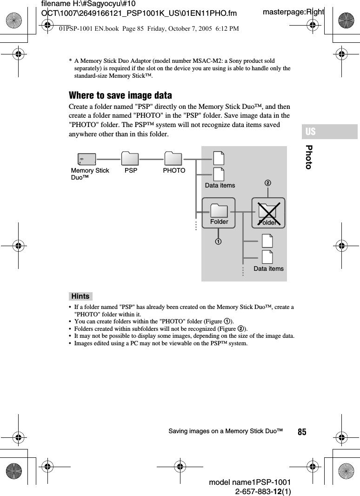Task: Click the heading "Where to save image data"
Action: [120, 95]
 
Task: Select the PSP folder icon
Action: [131, 159]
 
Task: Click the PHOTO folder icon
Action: [173, 159]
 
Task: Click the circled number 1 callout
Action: [218, 242]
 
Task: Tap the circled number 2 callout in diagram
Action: [267, 183]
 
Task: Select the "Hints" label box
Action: [80, 296]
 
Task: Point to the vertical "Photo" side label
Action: [309, 157]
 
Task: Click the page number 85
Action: [302, 432]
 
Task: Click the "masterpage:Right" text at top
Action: [293, 12]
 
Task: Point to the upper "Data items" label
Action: [220, 185]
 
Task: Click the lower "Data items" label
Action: [268, 268]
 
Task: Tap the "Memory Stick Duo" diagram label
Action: [90, 174]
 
